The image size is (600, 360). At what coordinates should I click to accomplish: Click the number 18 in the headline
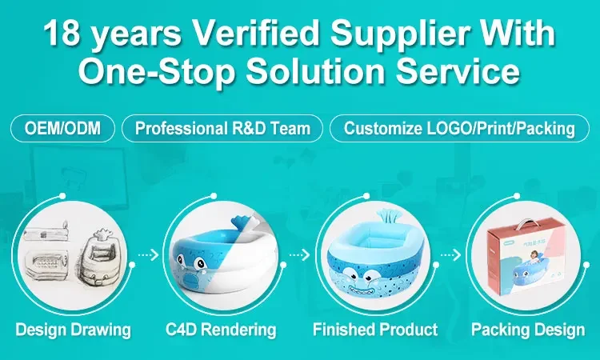pyautogui.click(x=61, y=34)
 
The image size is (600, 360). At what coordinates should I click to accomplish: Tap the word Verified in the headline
pyautogui.click(x=255, y=33)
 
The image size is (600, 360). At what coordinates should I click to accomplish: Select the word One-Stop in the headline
pyautogui.click(x=157, y=71)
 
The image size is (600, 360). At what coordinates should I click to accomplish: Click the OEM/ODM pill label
pyautogui.click(x=62, y=128)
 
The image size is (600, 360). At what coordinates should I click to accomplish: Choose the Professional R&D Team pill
pyautogui.click(x=222, y=128)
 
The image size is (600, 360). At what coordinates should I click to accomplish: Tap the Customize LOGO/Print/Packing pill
pyautogui.click(x=459, y=128)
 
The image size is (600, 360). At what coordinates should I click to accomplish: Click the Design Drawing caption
pyautogui.click(x=73, y=330)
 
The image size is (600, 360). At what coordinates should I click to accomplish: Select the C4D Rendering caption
pyautogui.click(x=221, y=330)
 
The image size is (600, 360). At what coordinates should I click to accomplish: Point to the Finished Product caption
pyautogui.click(x=375, y=330)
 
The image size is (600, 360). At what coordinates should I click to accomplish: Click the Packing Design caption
pyautogui.click(x=528, y=330)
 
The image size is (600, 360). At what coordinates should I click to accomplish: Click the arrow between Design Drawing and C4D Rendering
pyautogui.click(x=148, y=254)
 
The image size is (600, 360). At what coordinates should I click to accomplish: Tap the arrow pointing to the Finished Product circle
pyautogui.click(x=299, y=254)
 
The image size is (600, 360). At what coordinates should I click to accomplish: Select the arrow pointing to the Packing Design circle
pyautogui.click(x=450, y=254)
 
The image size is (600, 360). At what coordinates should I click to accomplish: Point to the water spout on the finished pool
pyautogui.click(x=387, y=218)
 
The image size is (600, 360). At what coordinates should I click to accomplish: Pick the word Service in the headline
pyautogui.click(x=458, y=71)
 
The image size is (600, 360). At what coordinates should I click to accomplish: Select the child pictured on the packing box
pyautogui.click(x=534, y=257)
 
